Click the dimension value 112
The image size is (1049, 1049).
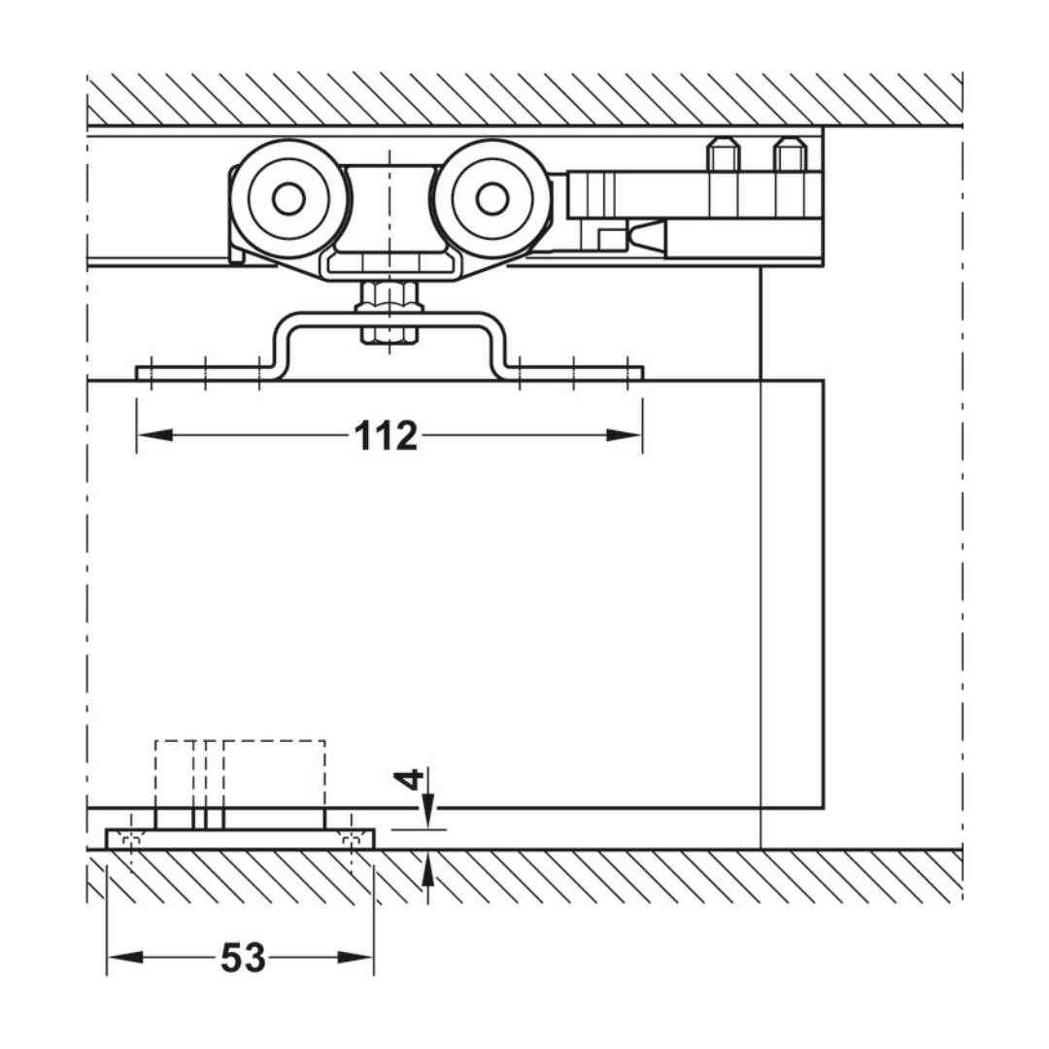click(x=386, y=436)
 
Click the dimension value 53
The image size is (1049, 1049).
click(x=243, y=959)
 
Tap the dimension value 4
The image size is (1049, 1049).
click(x=411, y=779)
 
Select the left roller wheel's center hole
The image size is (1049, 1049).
click(x=288, y=198)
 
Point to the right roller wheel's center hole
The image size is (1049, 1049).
click(x=492, y=198)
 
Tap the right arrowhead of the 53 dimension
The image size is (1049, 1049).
click(x=356, y=958)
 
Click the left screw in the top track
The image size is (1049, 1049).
click(x=724, y=155)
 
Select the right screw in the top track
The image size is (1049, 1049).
click(x=789, y=155)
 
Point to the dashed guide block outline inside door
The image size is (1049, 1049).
click(x=240, y=772)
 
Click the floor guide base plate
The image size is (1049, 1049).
click(x=240, y=838)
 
